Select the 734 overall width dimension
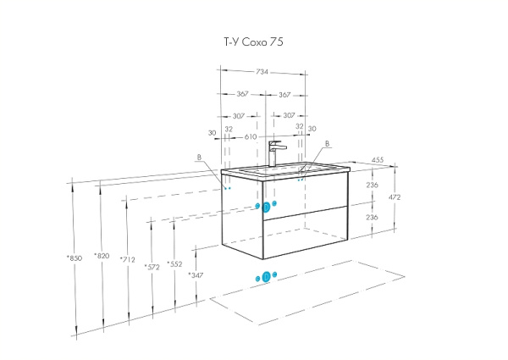(262, 73)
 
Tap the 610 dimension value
(251, 136)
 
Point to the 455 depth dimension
(378, 159)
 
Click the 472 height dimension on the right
(394, 197)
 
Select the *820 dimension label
(102, 256)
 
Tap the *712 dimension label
(127, 260)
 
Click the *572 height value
(152, 266)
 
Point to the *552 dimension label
(174, 263)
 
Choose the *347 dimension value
(197, 275)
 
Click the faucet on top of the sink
(273, 153)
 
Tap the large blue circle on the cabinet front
(267, 208)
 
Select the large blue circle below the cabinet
(267, 277)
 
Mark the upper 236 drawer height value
(371, 186)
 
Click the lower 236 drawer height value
(371, 217)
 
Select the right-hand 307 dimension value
(289, 115)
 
